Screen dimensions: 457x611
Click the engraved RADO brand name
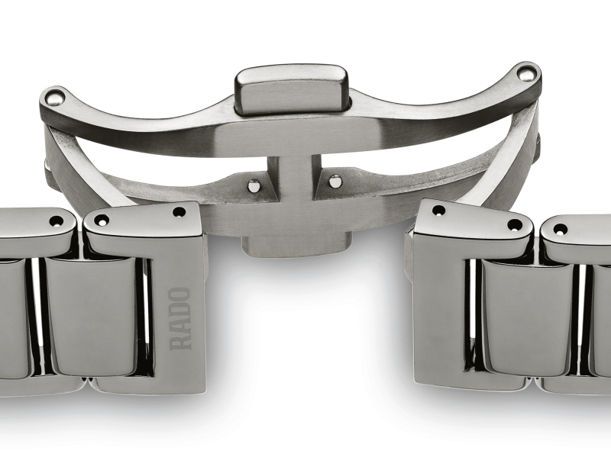click(179, 318)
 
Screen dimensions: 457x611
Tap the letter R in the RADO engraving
click(180, 341)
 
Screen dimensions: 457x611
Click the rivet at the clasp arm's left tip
click(53, 97)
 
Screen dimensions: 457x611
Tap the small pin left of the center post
click(254, 184)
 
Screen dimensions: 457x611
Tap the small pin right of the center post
click(335, 181)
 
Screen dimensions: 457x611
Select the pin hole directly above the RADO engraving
click(179, 212)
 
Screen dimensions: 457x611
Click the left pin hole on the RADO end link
click(101, 220)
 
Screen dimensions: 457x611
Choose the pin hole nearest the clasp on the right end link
click(438, 211)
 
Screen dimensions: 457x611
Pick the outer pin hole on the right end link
click(516, 225)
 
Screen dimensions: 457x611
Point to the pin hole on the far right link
click(561, 229)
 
